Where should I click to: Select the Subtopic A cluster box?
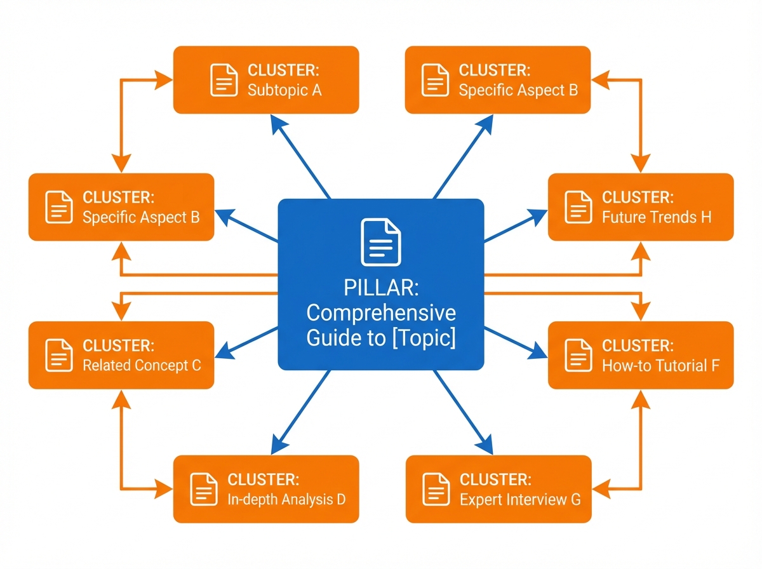click(x=266, y=79)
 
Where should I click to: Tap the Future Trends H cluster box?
click(x=641, y=206)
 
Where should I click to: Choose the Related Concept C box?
click(x=121, y=355)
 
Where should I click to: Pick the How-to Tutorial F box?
click(x=641, y=355)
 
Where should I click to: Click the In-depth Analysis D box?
click(x=266, y=489)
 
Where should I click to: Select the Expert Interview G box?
click(x=498, y=489)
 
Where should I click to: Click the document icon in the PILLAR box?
click(x=381, y=241)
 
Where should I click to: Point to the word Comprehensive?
click(x=381, y=313)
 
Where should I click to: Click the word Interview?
click(x=529, y=500)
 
